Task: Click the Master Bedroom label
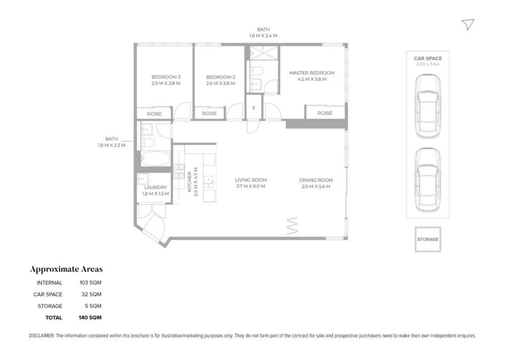pyautogui.click(x=312, y=73)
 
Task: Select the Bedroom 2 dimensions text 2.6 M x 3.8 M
pyautogui.click(x=220, y=83)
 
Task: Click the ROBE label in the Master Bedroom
pyautogui.click(x=325, y=113)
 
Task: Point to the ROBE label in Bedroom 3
pyautogui.click(x=154, y=114)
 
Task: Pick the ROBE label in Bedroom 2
pyautogui.click(x=209, y=113)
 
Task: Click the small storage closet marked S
pyautogui.click(x=254, y=108)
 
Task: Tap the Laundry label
pyautogui.click(x=155, y=187)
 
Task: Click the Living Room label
pyautogui.click(x=250, y=180)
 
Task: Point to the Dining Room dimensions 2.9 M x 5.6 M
pyautogui.click(x=316, y=186)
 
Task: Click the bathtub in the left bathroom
pyautogui.click(x=154, y=159)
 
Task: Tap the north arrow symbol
pyautogui.click(x=468, y=25)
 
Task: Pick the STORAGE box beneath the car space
pyautogui.click(x=427, y=239)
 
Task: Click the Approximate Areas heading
pyautogui.click(x=66, y=269)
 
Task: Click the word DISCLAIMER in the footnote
pyautogui.click(x=41, y=336)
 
